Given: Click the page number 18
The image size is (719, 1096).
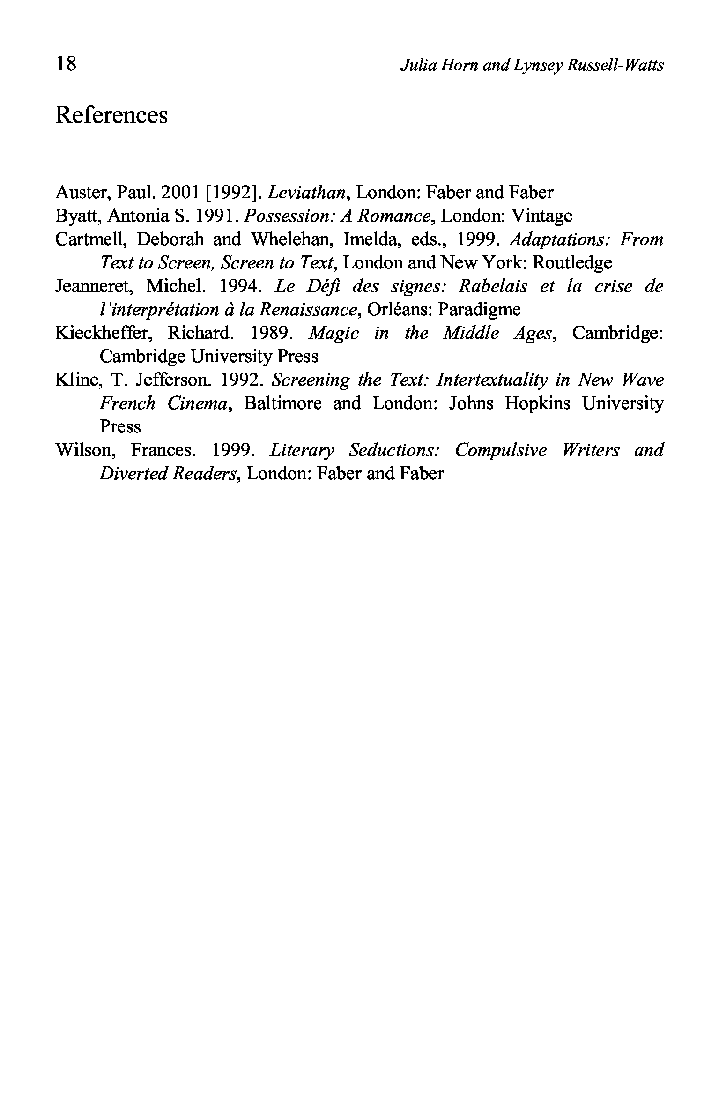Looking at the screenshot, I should click(66, 63).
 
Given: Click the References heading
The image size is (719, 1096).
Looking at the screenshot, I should click(111, 115).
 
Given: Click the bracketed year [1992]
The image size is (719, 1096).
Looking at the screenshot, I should click(230, 193).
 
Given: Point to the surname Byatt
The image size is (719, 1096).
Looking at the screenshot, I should click(77, 216).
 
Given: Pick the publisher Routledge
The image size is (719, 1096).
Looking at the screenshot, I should click(572, 263).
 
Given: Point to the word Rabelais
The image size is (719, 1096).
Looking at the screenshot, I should click(492, 286).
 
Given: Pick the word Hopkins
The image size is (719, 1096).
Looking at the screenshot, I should click(537, 403).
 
